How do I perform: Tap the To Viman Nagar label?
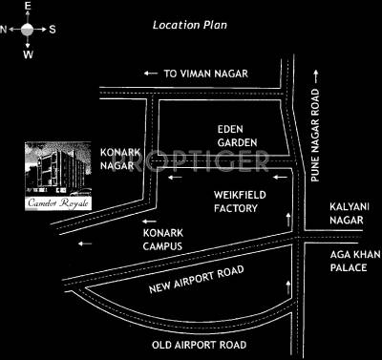206,73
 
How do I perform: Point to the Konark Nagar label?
121,161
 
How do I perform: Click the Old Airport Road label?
201,344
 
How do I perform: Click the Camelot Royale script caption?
53,202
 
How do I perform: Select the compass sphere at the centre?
27,30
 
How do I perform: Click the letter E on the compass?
27,7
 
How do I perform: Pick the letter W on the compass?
27,53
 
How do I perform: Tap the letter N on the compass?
6,30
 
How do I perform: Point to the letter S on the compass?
52,30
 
